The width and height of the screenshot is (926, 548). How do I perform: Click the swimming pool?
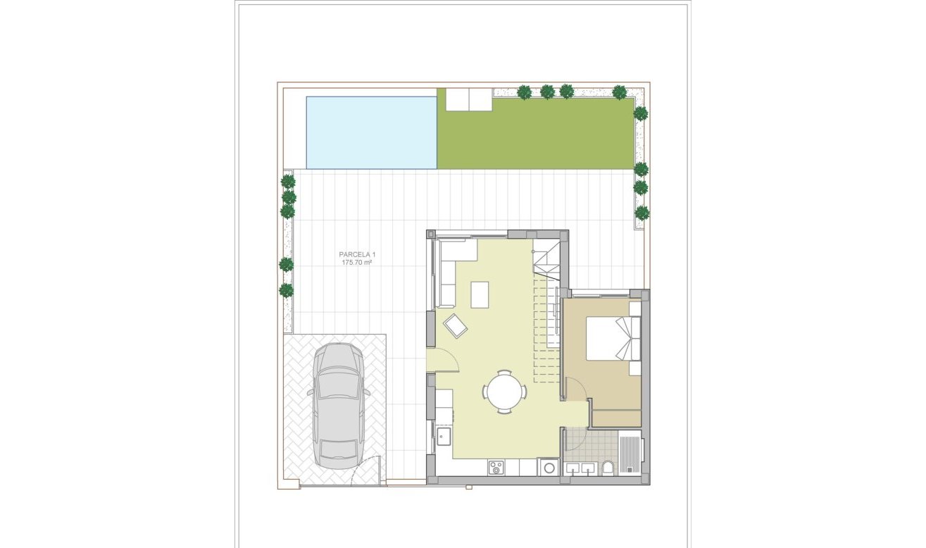click(371, 132)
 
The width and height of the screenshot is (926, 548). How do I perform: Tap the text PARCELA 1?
click(356, 254)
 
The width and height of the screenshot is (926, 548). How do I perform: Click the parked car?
click(338, 405)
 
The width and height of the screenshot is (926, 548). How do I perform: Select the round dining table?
click(504, 391)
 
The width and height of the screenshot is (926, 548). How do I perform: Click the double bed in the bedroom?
click(606, 338)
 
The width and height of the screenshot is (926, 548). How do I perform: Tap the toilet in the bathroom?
click(607, 467)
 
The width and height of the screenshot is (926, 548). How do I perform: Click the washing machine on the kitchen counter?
click(548, 467)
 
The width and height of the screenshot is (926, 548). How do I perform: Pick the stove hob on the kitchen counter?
click(496, 466)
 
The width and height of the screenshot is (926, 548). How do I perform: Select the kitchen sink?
click(444, 437)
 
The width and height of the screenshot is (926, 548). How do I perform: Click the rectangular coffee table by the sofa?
click(480, 294)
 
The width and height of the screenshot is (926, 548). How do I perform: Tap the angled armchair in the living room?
click(455, 325)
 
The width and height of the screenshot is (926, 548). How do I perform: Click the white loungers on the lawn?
click(468, 99)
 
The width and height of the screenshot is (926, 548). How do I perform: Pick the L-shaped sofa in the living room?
click(448, 268)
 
